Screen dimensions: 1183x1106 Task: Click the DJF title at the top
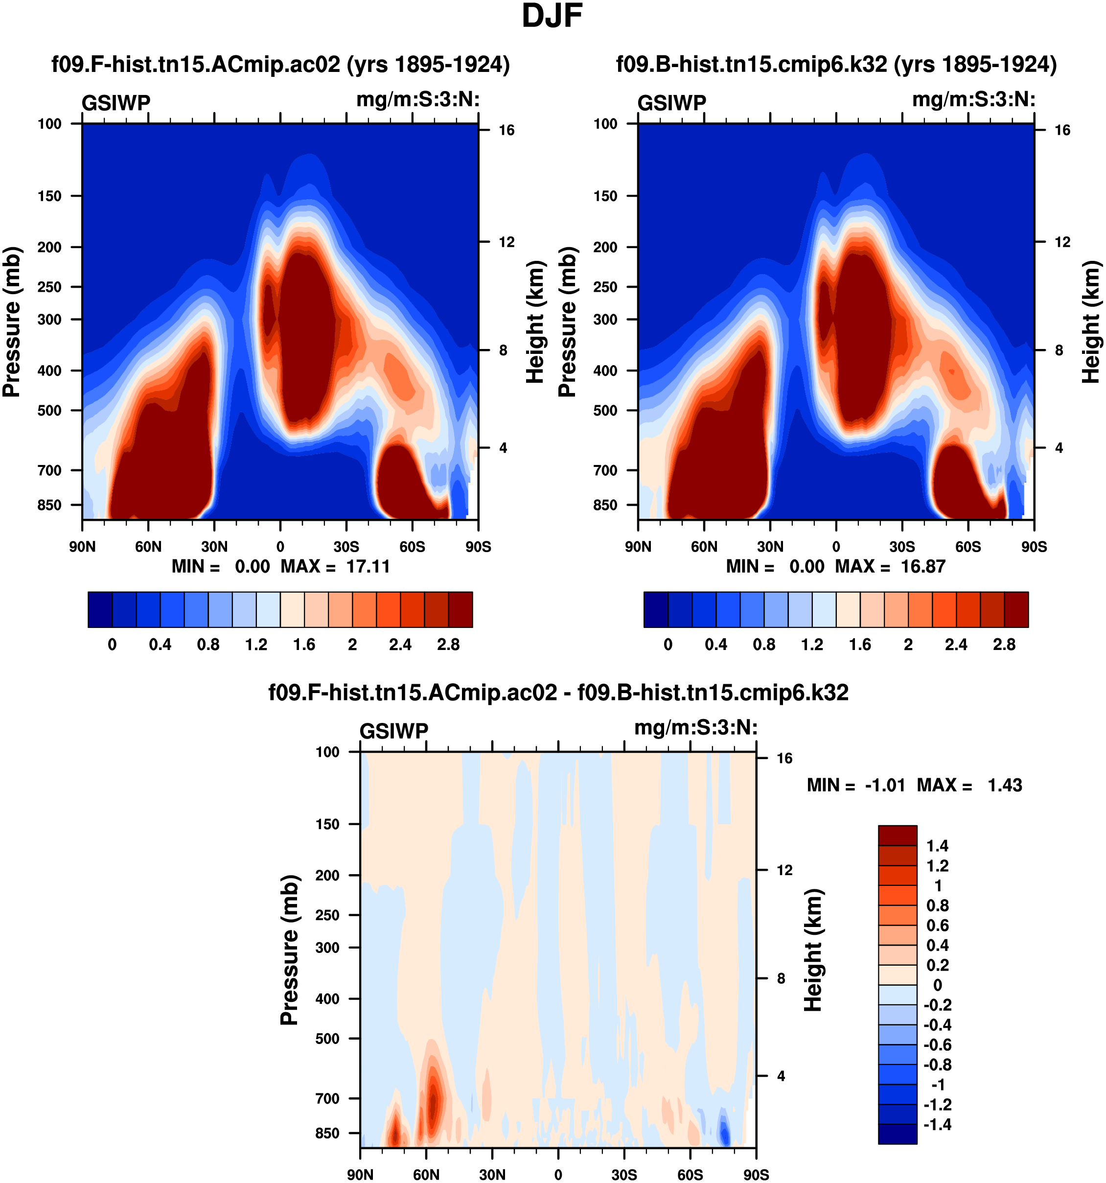(552, 17)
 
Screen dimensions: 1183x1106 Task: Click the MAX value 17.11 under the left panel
(368, 566)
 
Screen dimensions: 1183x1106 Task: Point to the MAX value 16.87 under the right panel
(923, 566)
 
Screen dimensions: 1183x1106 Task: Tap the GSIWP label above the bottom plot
(394, 731)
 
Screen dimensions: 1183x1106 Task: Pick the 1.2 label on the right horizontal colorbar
(811, 645)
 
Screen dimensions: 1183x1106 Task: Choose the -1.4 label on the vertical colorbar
(937, 1124)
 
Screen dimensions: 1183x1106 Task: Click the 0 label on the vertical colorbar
(938, 985)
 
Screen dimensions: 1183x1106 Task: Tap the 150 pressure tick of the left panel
(49, 196)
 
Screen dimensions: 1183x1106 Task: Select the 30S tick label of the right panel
(902, 546)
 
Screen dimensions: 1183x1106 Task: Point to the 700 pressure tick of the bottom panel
(327, 1098)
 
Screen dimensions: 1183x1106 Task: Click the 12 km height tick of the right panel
(1062, 242)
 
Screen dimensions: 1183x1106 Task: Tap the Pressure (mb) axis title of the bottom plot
(289, 950)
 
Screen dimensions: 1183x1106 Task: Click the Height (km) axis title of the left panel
(535, 322)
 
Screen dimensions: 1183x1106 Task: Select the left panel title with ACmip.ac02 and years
(280, 64)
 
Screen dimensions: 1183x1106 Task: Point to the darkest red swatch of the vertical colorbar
(897, 835)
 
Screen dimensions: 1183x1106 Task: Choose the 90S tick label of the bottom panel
(756, 1175)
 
